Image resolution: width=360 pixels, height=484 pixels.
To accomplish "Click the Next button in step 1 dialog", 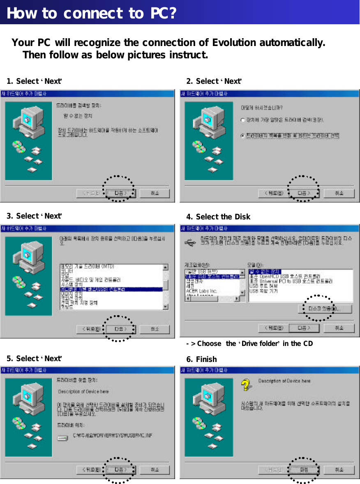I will coord(120,193).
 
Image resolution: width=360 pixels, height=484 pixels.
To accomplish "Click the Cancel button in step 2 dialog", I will coord(339,193).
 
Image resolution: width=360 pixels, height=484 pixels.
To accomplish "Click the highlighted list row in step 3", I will coord(111,289).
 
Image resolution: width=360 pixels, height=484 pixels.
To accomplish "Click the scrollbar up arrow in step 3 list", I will coord(165,267).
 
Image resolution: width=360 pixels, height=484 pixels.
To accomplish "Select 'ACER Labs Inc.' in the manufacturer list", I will coord(201,291).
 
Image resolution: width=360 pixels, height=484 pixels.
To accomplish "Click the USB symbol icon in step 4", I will coord(191,244).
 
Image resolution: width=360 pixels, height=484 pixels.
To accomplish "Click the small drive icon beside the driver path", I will coord(62,438).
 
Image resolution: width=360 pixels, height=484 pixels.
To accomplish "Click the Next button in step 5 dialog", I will coord(120,469).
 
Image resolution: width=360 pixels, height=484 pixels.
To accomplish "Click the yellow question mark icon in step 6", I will coord(246,385).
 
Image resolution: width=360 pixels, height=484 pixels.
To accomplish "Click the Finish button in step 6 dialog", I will coord(304,469).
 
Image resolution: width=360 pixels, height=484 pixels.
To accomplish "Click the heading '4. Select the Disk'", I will coord(218,217).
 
